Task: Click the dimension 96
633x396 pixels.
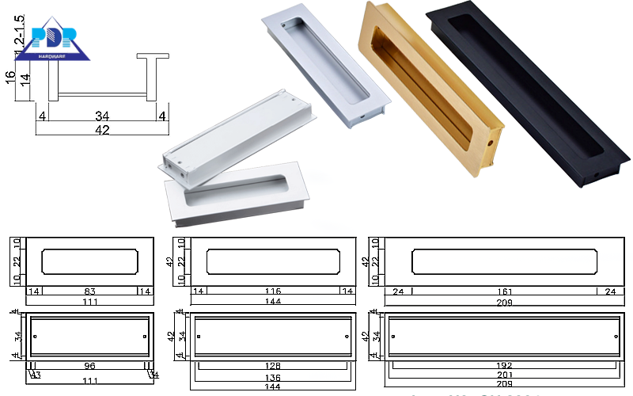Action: tap(89, 366)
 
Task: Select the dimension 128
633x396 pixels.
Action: tap(272, 366)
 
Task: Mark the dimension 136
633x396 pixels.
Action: tap(272, 377)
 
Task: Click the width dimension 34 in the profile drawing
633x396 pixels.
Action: tap(100, 116)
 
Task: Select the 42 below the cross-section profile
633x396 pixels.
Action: tap(100, 130)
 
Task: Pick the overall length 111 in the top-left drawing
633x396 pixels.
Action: tap(89, 303)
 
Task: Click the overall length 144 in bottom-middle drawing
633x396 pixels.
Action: tap(272, 389)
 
